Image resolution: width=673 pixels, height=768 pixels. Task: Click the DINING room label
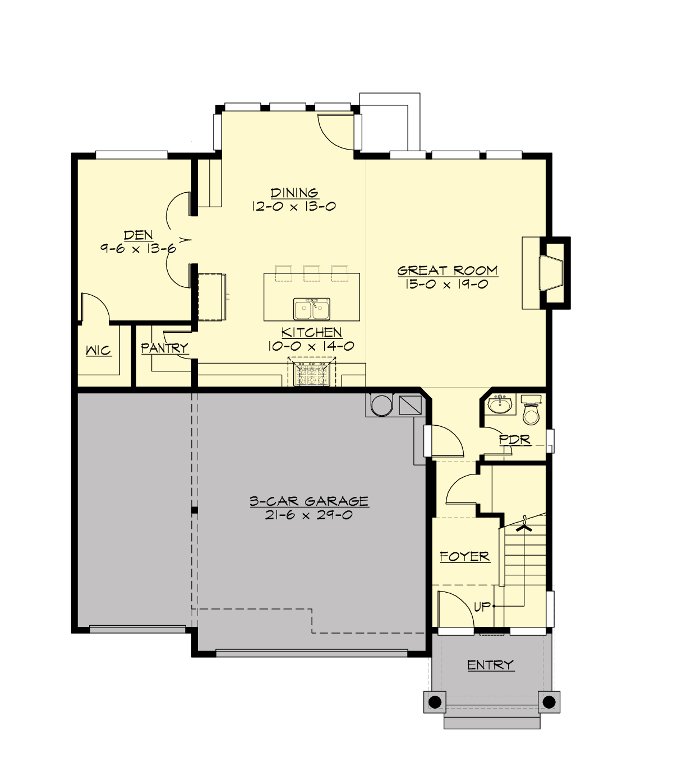294,193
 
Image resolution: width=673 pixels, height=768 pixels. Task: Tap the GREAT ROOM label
448,271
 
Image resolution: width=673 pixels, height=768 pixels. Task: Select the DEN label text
138,235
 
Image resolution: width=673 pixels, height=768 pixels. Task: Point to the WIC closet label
98,351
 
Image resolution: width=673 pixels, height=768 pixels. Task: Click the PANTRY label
164,348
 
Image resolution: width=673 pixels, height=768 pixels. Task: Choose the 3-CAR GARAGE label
309,501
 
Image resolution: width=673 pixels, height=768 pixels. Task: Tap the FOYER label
464,556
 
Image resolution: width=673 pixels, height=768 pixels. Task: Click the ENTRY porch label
490,665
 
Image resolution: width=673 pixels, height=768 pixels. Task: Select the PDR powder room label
515,440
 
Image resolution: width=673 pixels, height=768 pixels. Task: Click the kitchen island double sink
312,309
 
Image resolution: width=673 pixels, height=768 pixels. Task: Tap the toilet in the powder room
531,413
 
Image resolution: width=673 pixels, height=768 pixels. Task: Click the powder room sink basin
500,404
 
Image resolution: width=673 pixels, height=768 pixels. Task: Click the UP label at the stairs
482,607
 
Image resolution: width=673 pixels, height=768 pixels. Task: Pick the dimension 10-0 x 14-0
311,346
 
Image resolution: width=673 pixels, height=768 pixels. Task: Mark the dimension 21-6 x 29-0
309,515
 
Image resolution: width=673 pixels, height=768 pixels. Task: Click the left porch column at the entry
434,701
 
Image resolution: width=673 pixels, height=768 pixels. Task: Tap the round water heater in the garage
381,405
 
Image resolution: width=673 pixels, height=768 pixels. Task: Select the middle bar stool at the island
312,272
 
